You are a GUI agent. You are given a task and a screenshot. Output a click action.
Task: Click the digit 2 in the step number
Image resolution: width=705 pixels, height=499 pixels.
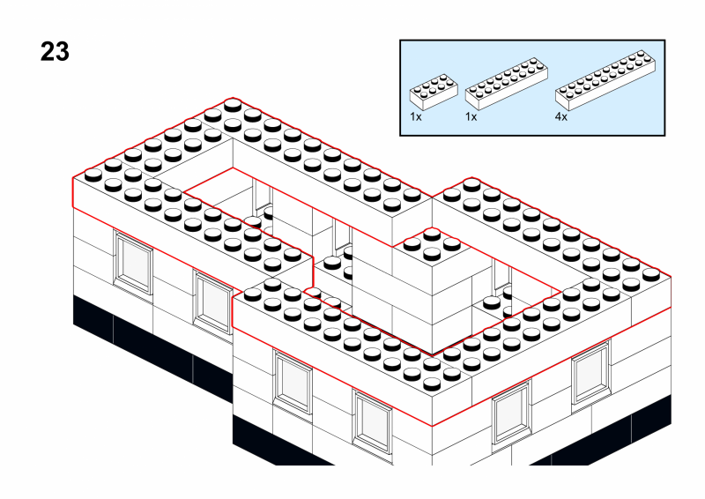coord(47,52)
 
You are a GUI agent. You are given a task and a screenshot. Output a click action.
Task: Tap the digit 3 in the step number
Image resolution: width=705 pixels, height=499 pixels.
coord(62,52)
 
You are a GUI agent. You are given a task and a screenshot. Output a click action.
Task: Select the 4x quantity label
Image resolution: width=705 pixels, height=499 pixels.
coord(561,116)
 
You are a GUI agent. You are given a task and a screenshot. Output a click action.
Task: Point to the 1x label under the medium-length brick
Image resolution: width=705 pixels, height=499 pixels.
coord(471,116)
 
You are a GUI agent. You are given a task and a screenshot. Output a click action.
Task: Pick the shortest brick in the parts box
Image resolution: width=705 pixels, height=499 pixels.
coord(433,91)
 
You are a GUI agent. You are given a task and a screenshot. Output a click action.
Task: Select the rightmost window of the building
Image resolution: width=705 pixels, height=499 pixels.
coord(590,375)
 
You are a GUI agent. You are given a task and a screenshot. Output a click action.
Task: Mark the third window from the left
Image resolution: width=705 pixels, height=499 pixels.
coord(293,381)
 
